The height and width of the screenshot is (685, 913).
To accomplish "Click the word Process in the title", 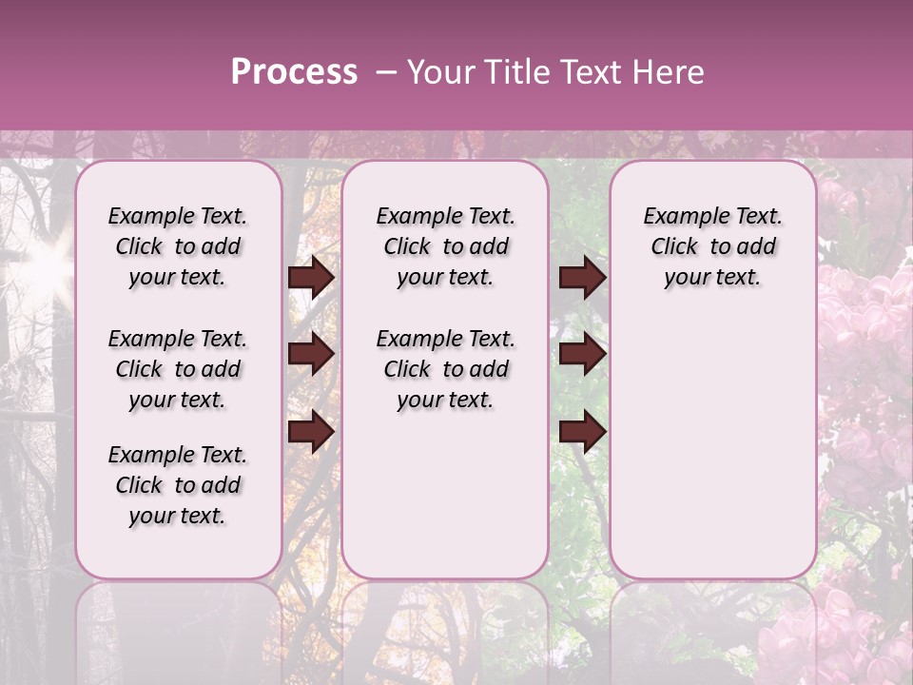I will pos(294,72).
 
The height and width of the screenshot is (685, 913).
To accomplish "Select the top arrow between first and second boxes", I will pos(311,278).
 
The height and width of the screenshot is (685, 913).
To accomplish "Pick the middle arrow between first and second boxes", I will pos(311,354).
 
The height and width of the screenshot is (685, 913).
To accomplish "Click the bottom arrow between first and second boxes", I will pos(311,431).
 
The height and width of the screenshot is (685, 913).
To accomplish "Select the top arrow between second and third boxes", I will pos(582,278).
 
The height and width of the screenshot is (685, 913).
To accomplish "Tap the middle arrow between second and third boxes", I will pos(582,354).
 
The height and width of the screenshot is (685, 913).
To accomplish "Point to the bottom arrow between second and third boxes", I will pos(582,431).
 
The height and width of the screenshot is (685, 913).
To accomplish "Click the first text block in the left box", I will pos(178,246).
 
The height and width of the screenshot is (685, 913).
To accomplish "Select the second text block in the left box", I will pos(178,369).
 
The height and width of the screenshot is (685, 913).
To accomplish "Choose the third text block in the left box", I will pos(178,485).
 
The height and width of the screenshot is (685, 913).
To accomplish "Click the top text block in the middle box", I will pos(445,246).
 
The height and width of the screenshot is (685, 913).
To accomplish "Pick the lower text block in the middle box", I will pos(445,369).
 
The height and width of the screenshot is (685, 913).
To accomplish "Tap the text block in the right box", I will pos(712,246).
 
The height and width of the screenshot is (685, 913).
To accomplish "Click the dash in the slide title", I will pos(386,72).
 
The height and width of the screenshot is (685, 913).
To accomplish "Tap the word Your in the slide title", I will pos(439,72).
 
